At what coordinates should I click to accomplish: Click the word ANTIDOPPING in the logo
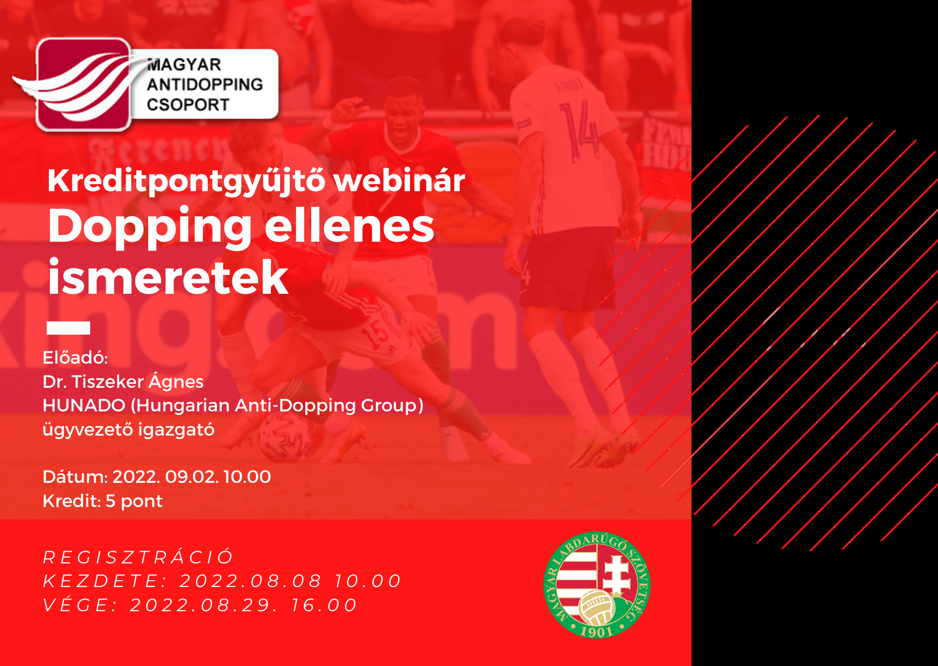tap(204, 84)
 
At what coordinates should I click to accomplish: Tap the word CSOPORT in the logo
tap(188, 104)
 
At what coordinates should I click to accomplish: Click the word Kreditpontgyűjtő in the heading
tap(186, 181)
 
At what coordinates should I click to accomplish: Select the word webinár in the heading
tap(399, 180)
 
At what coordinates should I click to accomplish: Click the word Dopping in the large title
tap(150, 227)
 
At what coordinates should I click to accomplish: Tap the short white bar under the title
tap(68, 328)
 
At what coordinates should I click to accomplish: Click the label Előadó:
tap(75, 358)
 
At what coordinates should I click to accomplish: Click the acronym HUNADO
tap(84, 406)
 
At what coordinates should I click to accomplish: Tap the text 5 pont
tap(134, 501)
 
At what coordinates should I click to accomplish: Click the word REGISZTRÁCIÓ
tap(138, 557)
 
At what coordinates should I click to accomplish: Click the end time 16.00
tap(324, 605)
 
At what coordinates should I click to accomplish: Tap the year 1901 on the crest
tap(597, 632)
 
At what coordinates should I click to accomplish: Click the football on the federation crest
tap(597, 607)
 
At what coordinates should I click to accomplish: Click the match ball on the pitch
tap(284, 438)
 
